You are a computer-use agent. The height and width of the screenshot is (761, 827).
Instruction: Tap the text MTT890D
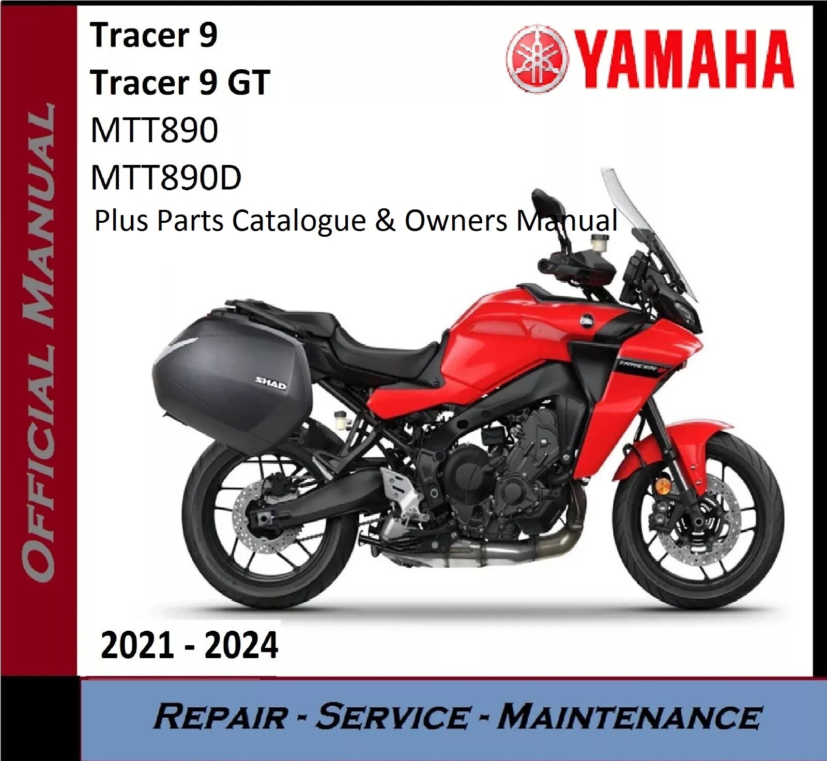coord(166,177)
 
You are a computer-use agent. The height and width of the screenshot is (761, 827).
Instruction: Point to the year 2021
coord(137,646)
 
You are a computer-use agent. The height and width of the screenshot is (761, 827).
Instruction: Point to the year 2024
coord(241,646)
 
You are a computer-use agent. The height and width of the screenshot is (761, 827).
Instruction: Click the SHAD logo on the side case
coord(270,383)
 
